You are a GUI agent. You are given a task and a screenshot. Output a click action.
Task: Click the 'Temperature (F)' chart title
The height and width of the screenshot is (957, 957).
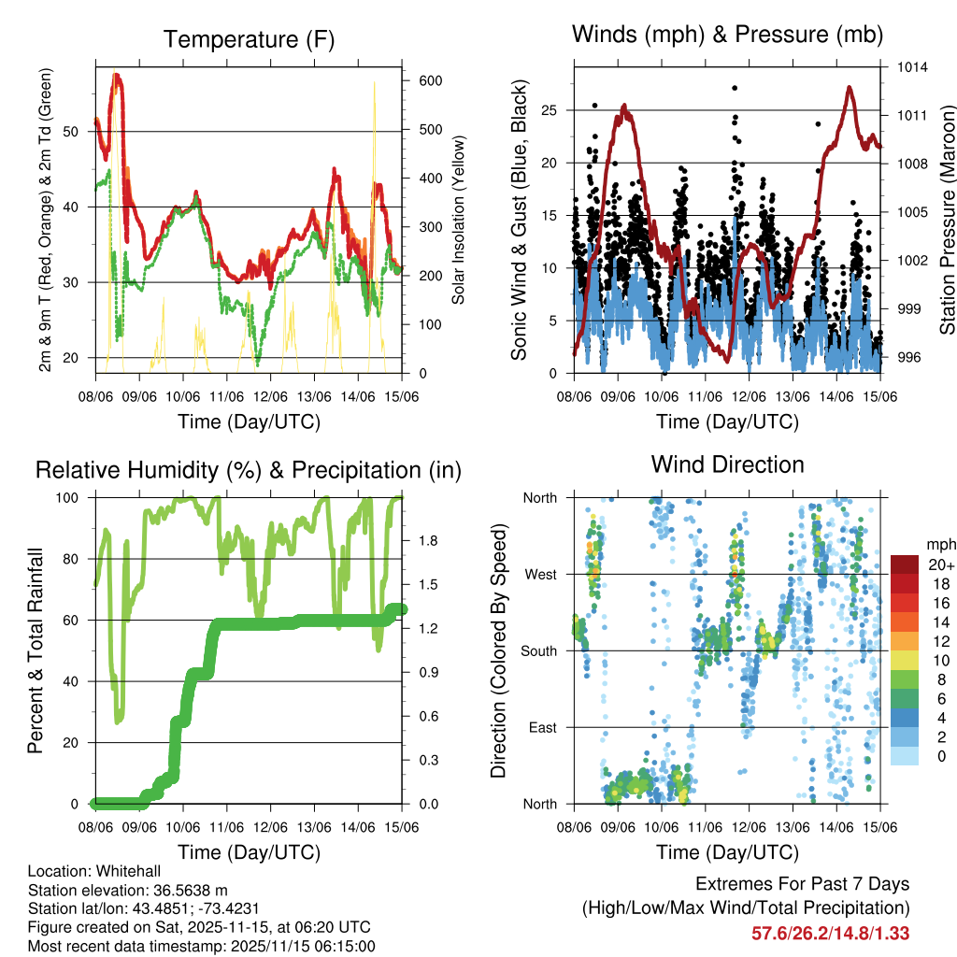click(249, 39)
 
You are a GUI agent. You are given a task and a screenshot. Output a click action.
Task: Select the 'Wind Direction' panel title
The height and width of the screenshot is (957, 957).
click(727, 464)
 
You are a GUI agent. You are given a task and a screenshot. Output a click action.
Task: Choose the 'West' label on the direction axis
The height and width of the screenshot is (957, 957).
click(541, 574)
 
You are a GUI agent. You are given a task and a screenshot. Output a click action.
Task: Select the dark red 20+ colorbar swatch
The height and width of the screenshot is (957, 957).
click(904, 564)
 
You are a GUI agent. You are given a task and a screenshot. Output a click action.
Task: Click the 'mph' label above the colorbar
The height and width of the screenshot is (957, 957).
click(939, 544)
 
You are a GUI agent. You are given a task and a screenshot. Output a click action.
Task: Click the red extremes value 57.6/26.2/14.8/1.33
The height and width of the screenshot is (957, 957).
click(830, 933)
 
